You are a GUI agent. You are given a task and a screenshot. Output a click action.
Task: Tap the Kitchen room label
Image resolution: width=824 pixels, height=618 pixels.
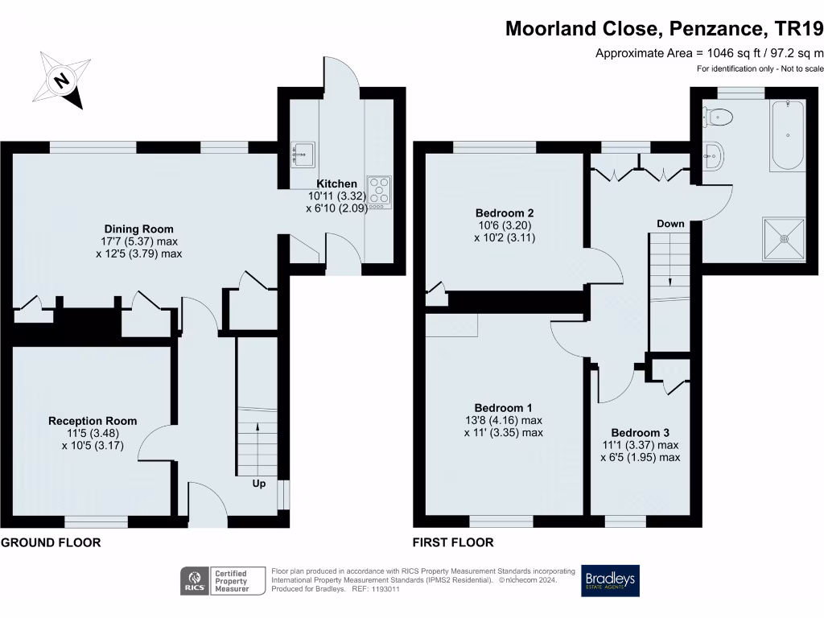click(x=337, y=184)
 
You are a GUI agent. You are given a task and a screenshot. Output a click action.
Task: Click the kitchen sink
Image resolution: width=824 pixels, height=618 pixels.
click(x=303, y=153)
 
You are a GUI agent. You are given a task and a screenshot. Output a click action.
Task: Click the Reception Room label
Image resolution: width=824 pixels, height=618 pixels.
click(x=93, y=421)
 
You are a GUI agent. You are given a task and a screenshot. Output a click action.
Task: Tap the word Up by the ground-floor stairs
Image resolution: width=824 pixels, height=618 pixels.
click(x=259, y=484)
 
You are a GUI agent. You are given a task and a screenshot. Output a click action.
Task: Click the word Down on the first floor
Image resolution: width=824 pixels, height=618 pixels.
click(x=670, y=224)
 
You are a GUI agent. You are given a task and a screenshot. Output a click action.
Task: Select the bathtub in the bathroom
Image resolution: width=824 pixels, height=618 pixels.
click(x=787, y=135)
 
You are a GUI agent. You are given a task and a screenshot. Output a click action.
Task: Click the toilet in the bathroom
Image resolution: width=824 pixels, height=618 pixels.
click(x=719, y=118)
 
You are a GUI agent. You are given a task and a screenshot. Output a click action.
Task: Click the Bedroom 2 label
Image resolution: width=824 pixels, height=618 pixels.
click(x=505, y=213)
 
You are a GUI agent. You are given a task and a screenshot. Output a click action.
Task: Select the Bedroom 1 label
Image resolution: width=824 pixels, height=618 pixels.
click(x=503, y=408)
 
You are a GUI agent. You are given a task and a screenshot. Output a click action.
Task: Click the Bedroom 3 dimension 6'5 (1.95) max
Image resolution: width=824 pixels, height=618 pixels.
click(x=640, y=457)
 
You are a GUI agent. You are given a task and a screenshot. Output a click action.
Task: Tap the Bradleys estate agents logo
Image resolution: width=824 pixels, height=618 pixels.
click(x=610, y=580)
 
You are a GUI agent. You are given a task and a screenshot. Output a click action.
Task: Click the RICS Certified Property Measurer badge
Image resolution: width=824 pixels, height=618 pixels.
click(x=225, y=580)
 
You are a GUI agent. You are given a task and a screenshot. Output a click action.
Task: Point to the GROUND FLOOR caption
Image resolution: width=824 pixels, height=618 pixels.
click(x=51, y=542)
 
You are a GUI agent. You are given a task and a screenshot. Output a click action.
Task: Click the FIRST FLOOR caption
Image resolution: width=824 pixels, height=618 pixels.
click(x=453, y=542)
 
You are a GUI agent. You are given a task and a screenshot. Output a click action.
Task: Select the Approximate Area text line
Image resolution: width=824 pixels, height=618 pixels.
click(x=709, y=53)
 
